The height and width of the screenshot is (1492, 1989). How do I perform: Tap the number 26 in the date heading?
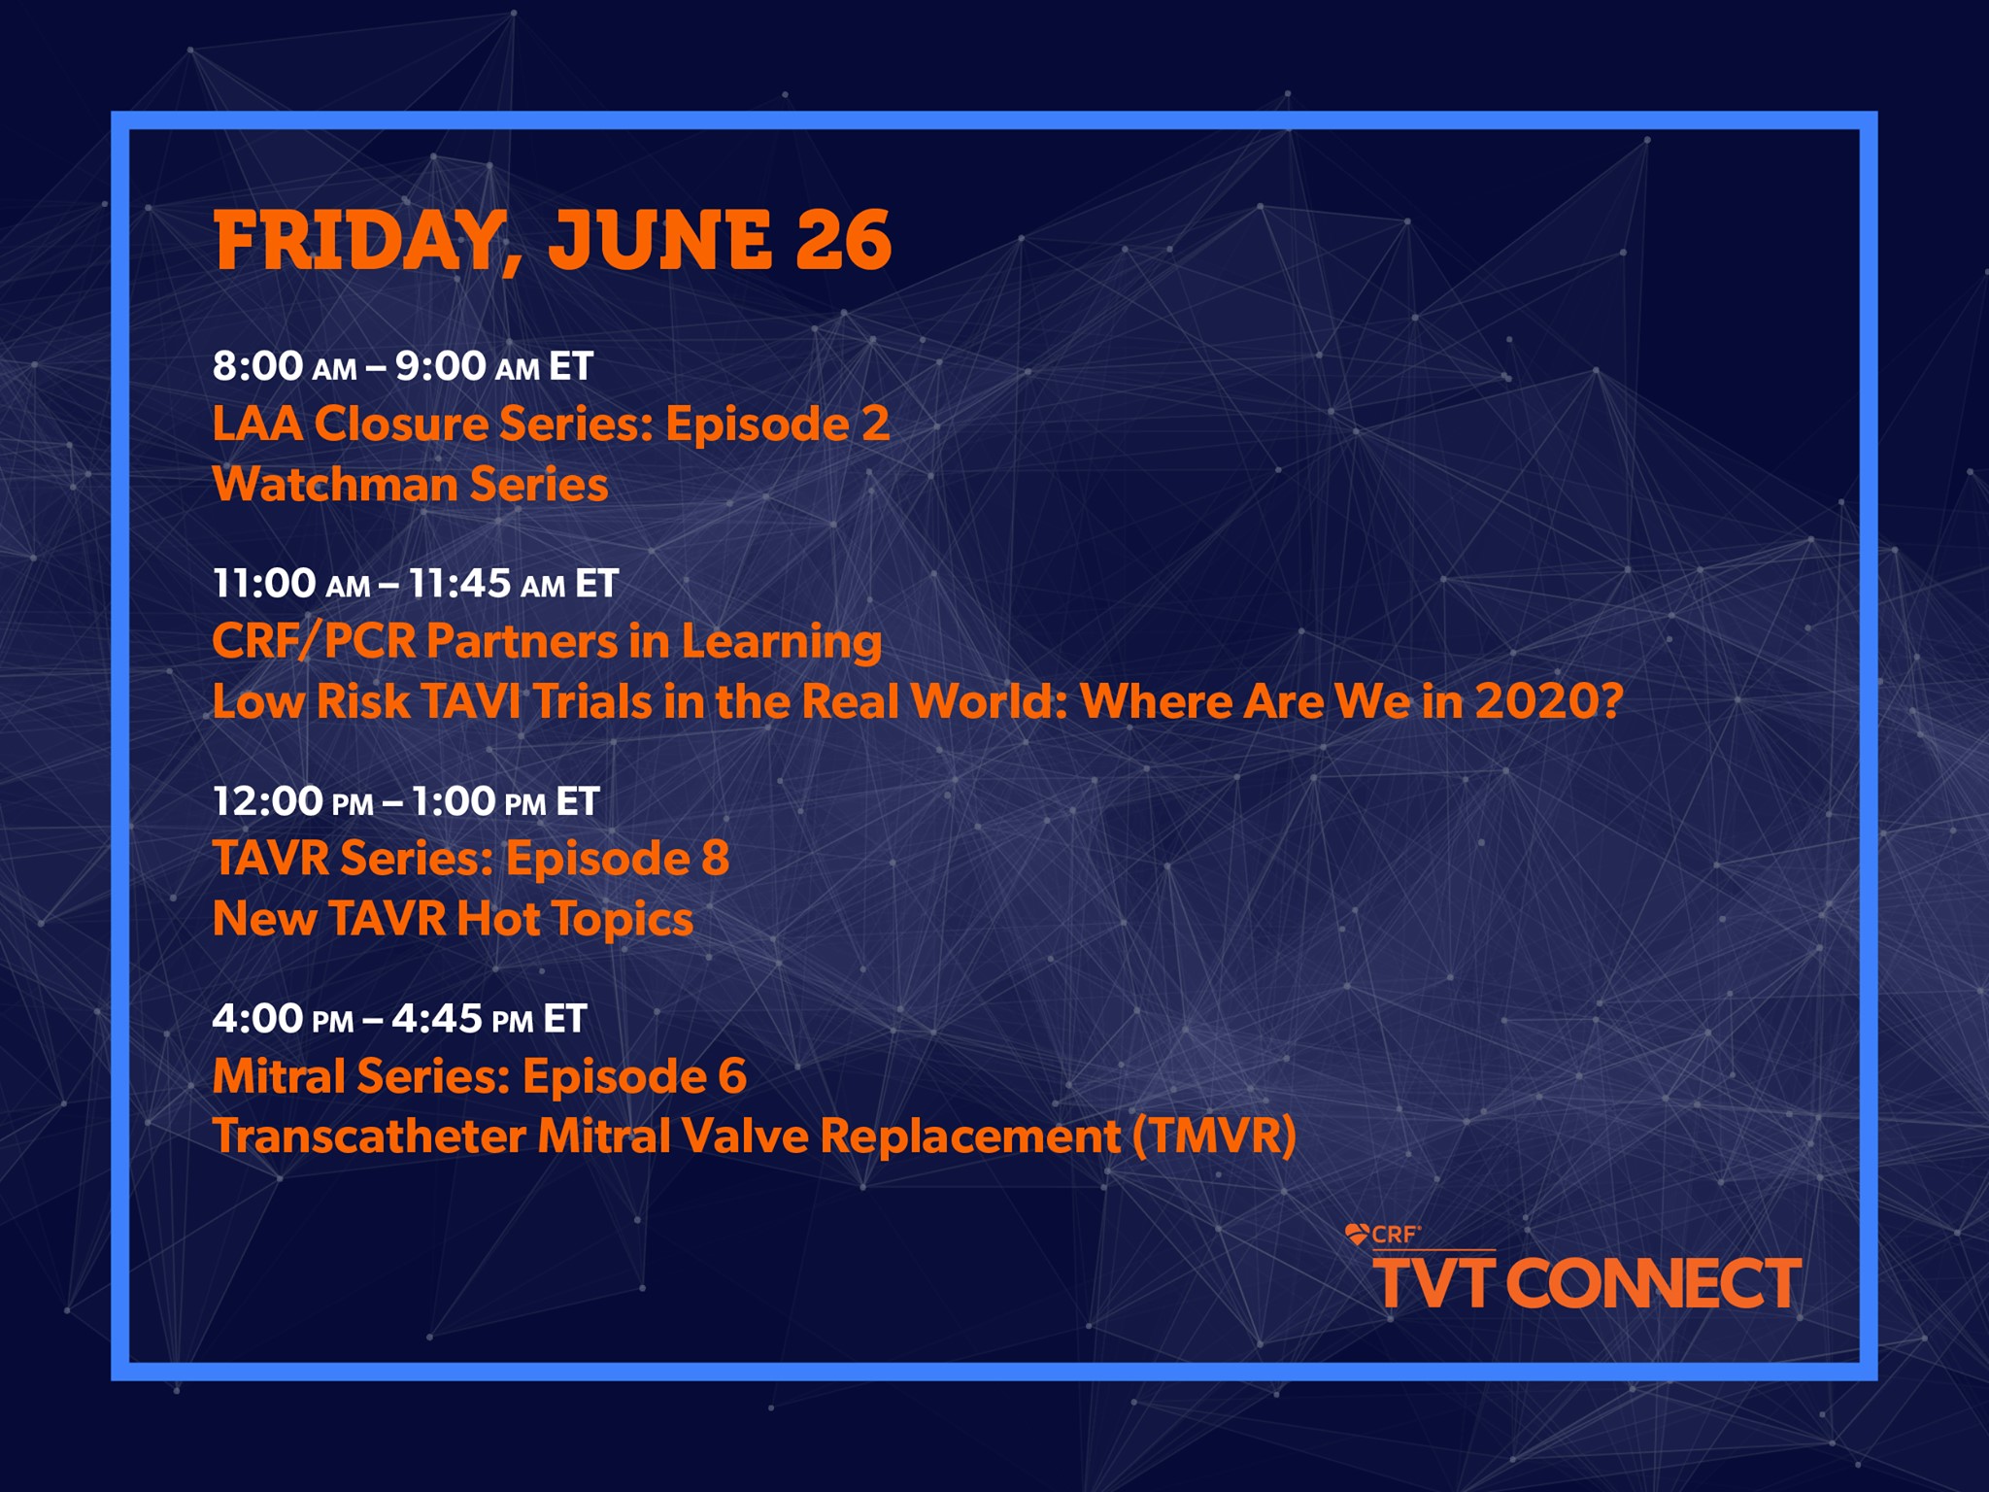[843, 240]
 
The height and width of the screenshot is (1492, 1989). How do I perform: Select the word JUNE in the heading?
[660, 240]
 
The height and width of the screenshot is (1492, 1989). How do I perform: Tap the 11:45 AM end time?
[487, 584]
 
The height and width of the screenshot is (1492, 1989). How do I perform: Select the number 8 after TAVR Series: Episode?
[715, 859]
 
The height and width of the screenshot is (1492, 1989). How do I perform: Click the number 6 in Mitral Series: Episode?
[732, 1076]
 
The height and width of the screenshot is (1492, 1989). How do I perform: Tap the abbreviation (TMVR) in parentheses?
[1215, 1136]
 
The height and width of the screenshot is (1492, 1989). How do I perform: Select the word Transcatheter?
[369, 1136]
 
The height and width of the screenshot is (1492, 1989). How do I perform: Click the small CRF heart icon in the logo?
[1357, 1235]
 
